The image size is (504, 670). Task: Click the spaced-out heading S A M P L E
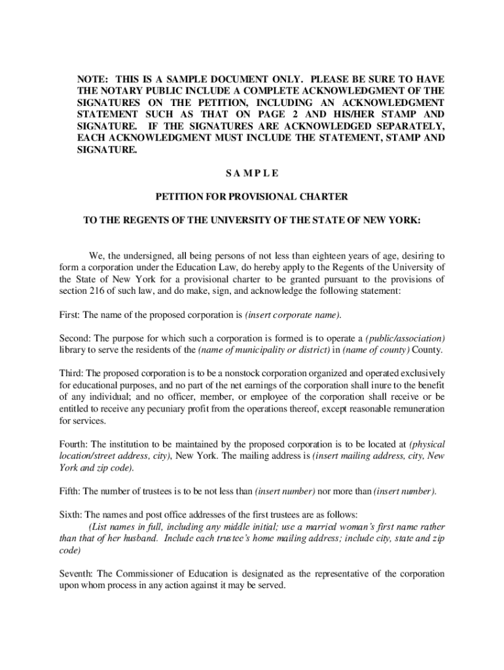coord(251,173)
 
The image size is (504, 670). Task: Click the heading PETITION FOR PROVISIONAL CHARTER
coord(251,196)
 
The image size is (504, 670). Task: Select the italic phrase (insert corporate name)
coord(294,315)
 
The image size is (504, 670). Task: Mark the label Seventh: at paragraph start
coord(77,574)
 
